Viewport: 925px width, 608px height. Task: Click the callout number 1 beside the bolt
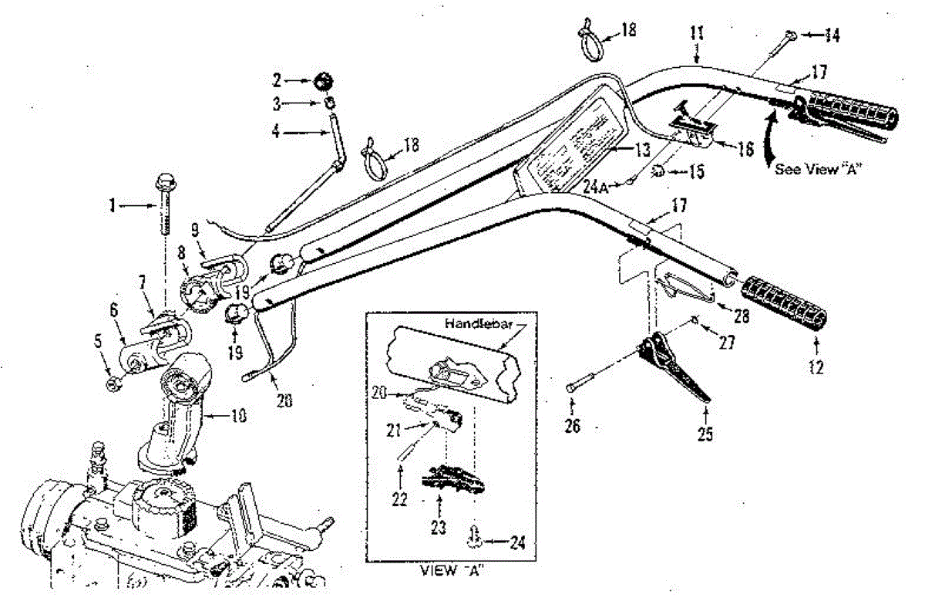(x=113, y=206)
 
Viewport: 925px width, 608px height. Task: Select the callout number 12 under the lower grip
(x=816, y=369)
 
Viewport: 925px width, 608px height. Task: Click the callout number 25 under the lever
(x=704, y=434)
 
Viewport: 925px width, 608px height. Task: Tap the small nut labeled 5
(x=110, y=382)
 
